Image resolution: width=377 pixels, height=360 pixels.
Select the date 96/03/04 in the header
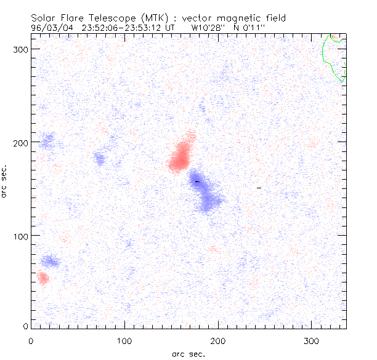point(52,27)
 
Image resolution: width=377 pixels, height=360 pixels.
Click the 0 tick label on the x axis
point(31,340)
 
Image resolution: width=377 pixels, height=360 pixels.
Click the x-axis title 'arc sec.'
point(188,353)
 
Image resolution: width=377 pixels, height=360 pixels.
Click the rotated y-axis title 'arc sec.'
point(5,182)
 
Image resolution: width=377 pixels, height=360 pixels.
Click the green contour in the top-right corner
point(333,58)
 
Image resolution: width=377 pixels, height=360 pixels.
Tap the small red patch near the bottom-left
point(42,278)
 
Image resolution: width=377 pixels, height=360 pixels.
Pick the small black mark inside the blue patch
point(197,182)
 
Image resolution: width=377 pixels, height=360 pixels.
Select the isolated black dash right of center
point(259,187)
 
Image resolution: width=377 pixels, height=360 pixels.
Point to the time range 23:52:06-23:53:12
point(132,27)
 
